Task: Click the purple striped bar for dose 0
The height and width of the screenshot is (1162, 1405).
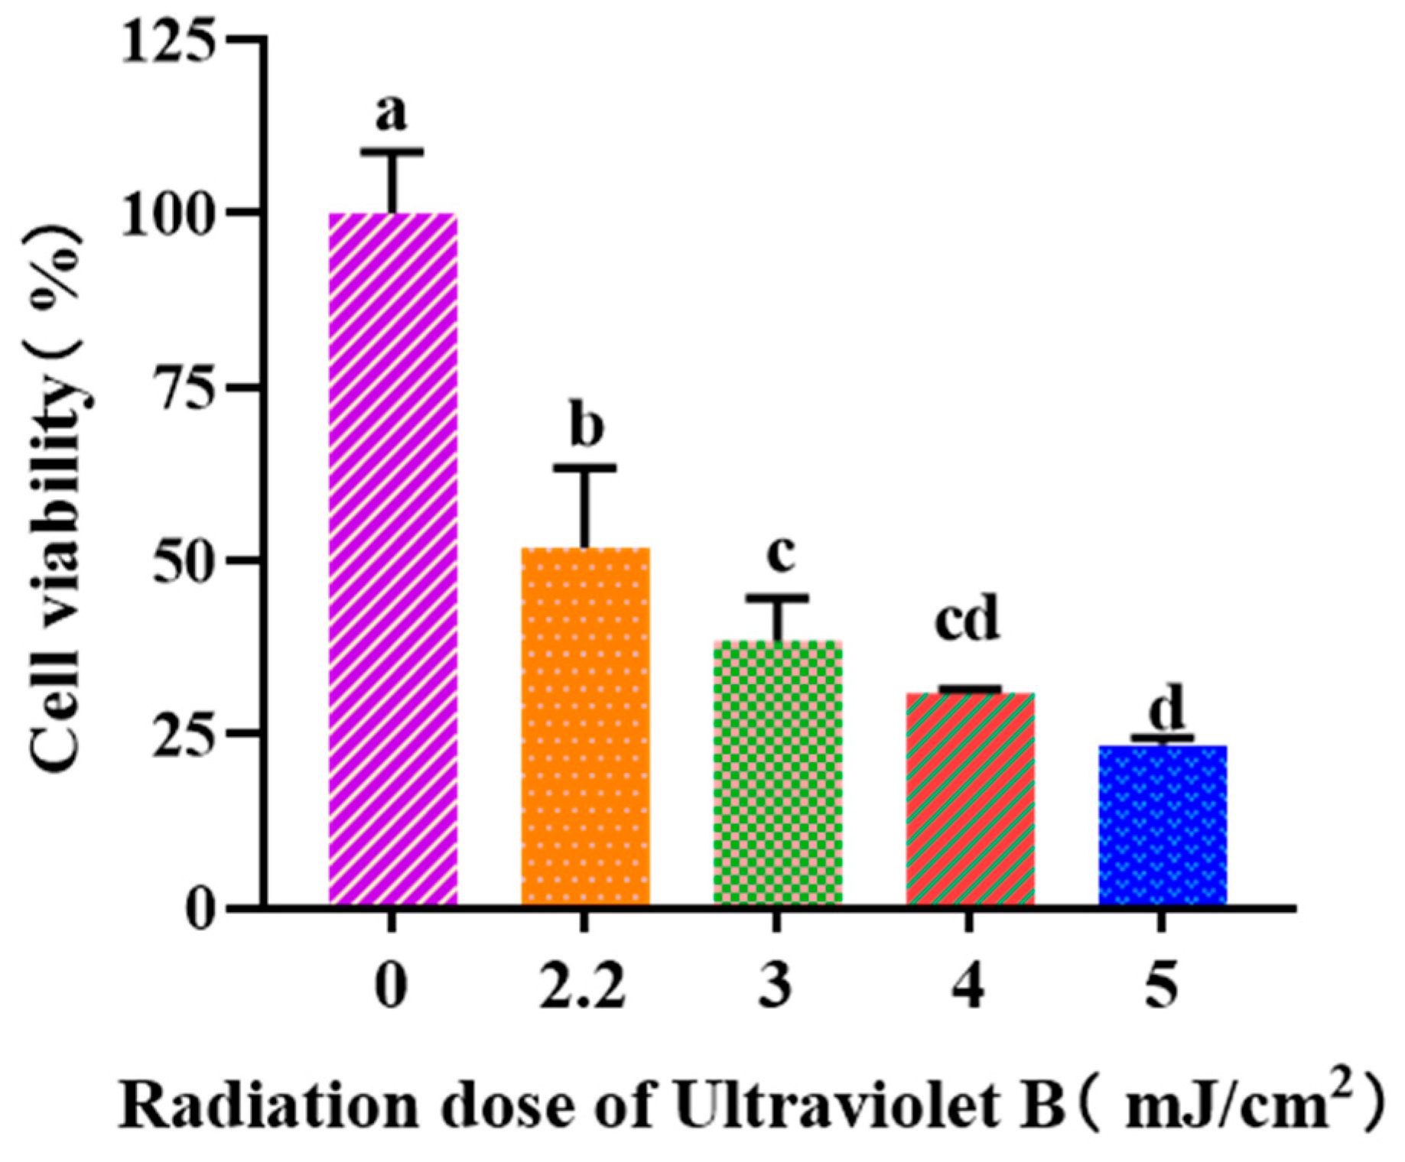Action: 393,558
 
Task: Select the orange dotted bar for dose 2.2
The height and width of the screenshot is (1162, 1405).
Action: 585,726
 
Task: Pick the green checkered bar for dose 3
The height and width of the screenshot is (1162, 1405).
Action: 778,772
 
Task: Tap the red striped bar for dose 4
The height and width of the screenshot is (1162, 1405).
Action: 970,799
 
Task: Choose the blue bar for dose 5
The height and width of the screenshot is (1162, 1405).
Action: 1163,826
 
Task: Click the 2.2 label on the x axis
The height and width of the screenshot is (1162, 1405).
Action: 583,987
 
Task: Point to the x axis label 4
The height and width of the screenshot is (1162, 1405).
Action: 969,987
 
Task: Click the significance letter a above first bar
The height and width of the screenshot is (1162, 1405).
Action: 391,113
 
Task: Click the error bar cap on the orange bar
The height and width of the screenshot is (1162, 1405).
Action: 585,467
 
